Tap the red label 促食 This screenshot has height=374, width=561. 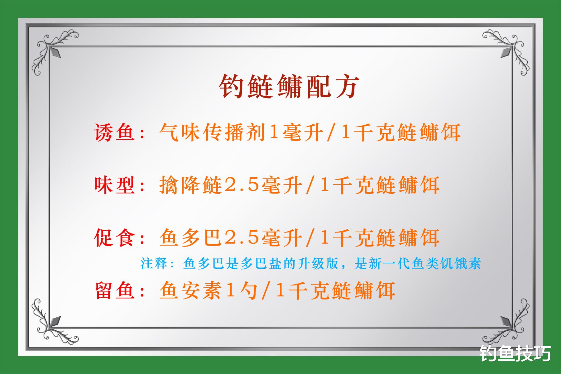[115, 238]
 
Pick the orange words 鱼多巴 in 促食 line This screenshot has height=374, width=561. [191, 238]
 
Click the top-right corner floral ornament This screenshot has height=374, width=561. [508, 50]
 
